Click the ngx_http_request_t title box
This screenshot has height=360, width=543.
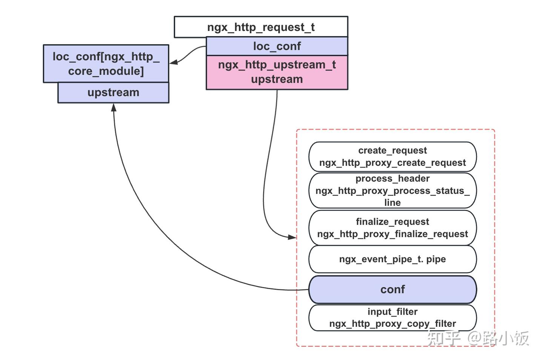click(261, 27)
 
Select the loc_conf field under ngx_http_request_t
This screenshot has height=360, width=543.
click(277, 46)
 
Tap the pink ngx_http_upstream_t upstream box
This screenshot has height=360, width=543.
click(277, 72)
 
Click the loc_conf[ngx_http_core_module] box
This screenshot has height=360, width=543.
click(106, 63)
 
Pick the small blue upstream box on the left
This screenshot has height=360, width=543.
click(113, 92)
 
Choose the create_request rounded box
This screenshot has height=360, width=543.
click(392, 157)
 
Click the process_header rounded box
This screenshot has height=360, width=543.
click(392, 191)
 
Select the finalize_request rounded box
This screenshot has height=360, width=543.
click(392, 228)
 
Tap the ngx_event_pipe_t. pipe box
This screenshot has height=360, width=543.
click(392, 259)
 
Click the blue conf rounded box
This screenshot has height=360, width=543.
click(392, 289)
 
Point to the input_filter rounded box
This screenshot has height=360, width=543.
click(392, 318)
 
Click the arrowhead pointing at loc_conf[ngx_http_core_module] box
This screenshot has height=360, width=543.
click(174, 62)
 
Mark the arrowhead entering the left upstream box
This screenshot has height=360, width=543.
click(114, 107)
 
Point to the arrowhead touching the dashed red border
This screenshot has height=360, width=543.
click(292, 237)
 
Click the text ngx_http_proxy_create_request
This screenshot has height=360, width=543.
click(392, 163)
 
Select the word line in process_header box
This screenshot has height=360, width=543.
click(392, 203)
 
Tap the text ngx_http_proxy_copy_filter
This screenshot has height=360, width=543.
click(392, 324)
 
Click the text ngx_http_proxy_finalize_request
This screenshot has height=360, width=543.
click(392, 234)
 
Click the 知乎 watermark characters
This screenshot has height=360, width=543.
click(444, 338)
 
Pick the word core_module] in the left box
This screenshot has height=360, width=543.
click(106, 71)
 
